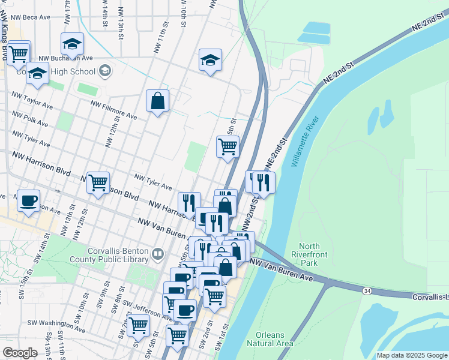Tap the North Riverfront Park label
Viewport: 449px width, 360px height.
tap(310, 254)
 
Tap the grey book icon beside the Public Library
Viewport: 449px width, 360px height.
tap(157, 254)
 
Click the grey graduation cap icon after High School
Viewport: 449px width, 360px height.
tap(105, 71)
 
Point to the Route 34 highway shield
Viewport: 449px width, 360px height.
tap(366, 290)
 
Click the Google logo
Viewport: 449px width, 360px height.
tap(20, 352)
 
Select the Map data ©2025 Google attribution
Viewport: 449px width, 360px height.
tap(411, 355)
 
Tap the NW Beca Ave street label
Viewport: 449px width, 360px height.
tap(28, 17)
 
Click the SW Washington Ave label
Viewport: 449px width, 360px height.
tap(55, 325)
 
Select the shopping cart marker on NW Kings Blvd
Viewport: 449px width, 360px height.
tap(18, 53)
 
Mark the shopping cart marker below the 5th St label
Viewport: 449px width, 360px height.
tap(228, 146)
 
